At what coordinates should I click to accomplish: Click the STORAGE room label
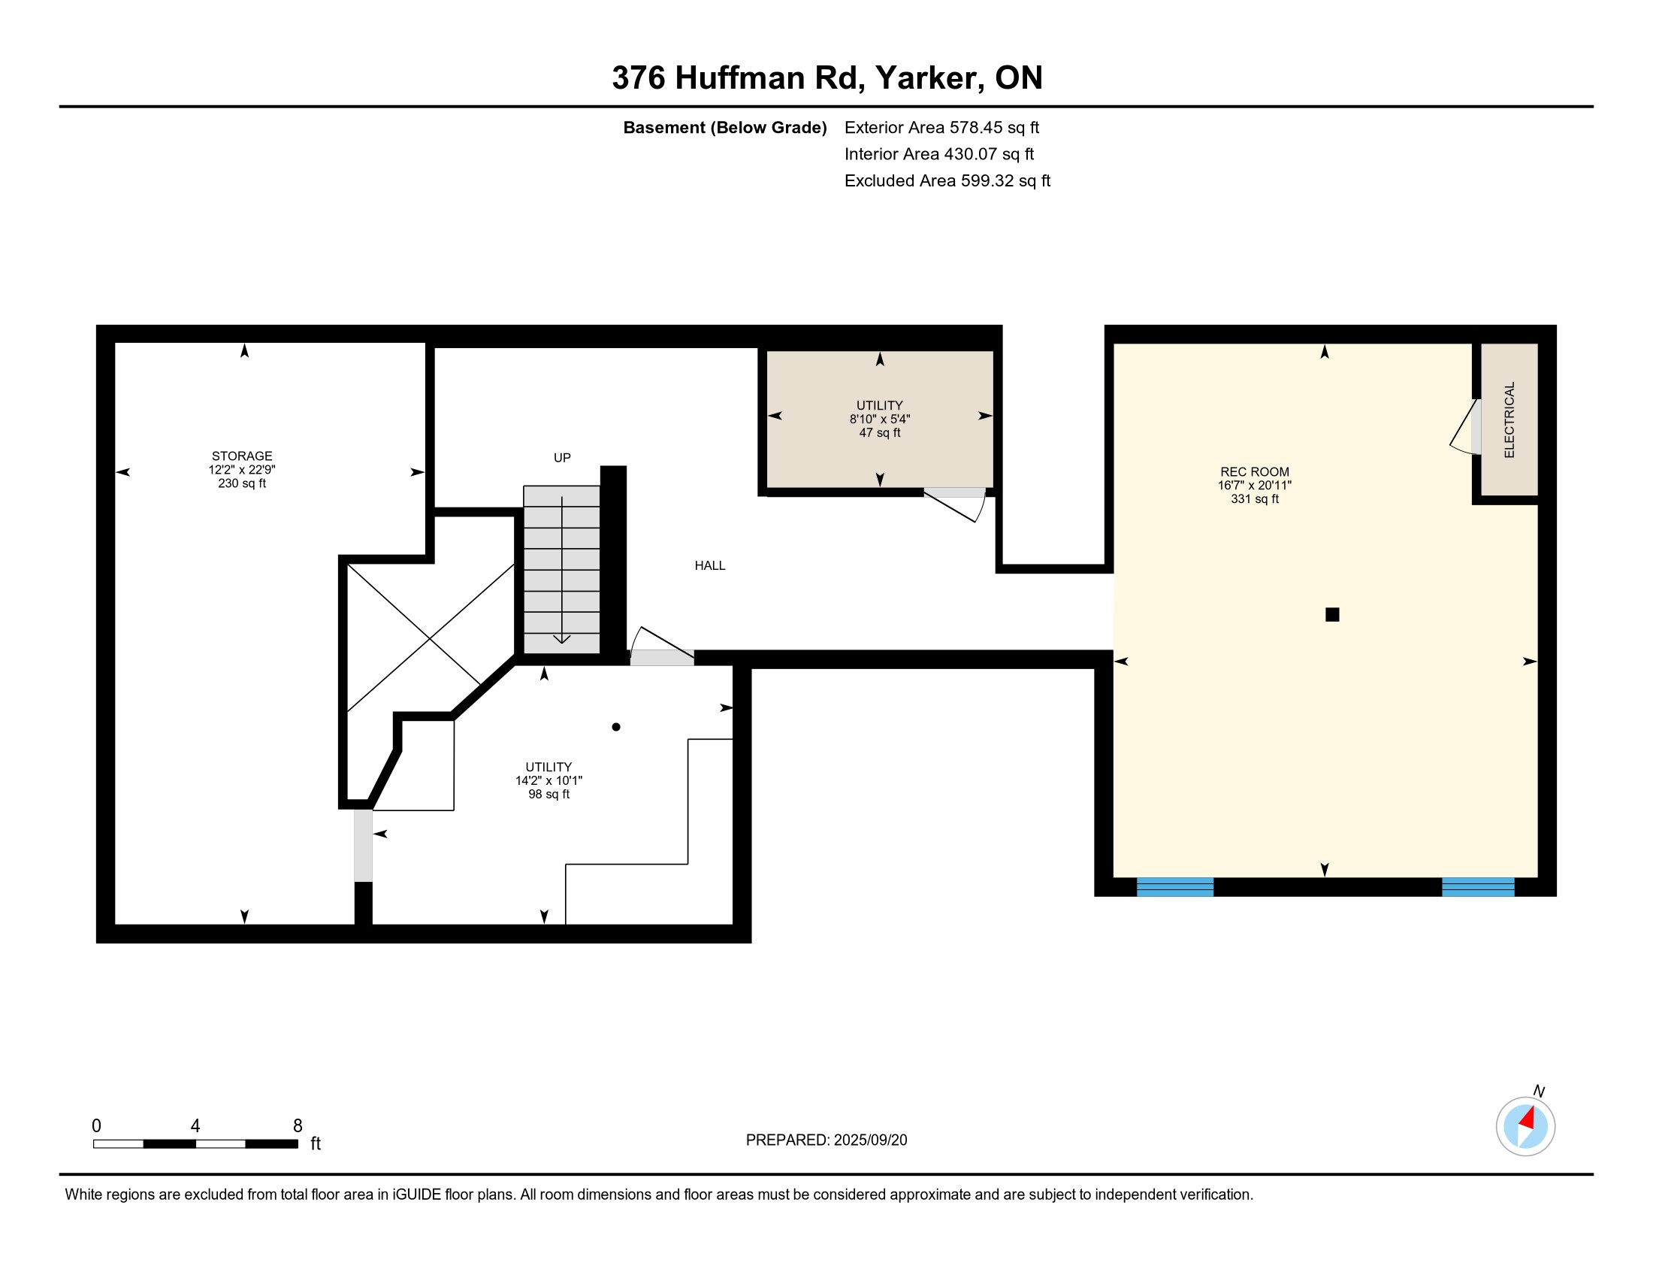[x=241, y=456]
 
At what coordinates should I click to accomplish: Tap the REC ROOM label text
[x=1254, y=471]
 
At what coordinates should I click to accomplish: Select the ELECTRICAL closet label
[x=1509, y=419]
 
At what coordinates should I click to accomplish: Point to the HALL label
[x=710, y=565]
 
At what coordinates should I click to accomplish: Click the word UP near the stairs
[x=561, y=457]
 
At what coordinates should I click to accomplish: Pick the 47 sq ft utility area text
[x=880, y=433]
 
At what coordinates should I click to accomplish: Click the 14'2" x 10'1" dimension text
[x=548, y=780]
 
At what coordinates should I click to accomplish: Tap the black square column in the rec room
[x=1332, y=615]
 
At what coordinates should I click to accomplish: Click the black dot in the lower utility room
[x=616, y=727]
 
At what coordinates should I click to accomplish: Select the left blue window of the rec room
[x=1174, y=886]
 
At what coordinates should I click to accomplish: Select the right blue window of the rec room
[x=1477, y=886]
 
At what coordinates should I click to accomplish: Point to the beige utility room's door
[x=955, y=504]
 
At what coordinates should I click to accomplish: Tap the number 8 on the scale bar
[x=298, y=1126]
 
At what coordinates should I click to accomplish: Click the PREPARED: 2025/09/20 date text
[x=826, y=1140]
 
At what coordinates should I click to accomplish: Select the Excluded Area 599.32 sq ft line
[x=947, y=181]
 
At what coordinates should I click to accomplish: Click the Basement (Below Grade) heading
[x=724, y=128]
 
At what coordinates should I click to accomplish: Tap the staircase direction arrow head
[x=561, y=639]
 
